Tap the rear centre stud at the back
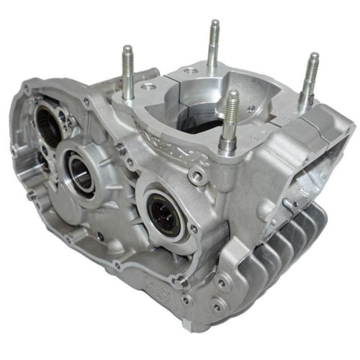[214, 43]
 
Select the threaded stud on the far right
[310, 75]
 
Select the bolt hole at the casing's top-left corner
[26, 88]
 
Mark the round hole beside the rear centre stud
[188, 70]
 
